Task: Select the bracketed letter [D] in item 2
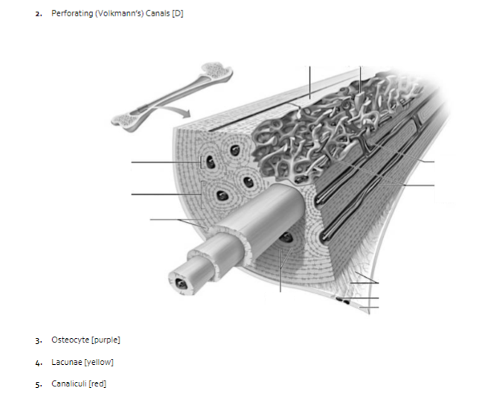click(x=177, y=15)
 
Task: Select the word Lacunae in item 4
click(x=65, y=363)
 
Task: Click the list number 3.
click(x=37, y=341)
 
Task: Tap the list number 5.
click(x=37, y=385)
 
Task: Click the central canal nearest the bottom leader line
click(x=286, y=238)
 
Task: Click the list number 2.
click(x=37, y=16)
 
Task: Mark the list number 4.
click(x=37, y=363)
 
